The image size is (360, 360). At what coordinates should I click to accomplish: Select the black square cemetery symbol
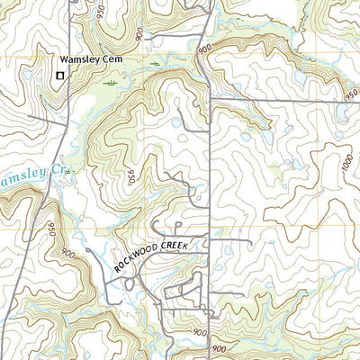pyautogui.click(x=60, y=76)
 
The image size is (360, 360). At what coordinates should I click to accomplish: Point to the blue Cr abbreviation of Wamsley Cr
pyautogui.click(x=60, y=169)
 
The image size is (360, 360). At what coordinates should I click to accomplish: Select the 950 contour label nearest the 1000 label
pyautogui.click(x=349, y=93)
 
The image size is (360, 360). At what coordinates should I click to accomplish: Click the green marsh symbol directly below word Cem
pyautogui.click(x=111, y=83)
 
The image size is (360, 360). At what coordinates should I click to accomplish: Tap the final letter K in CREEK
pyautogui.click(x=205, y=239)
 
